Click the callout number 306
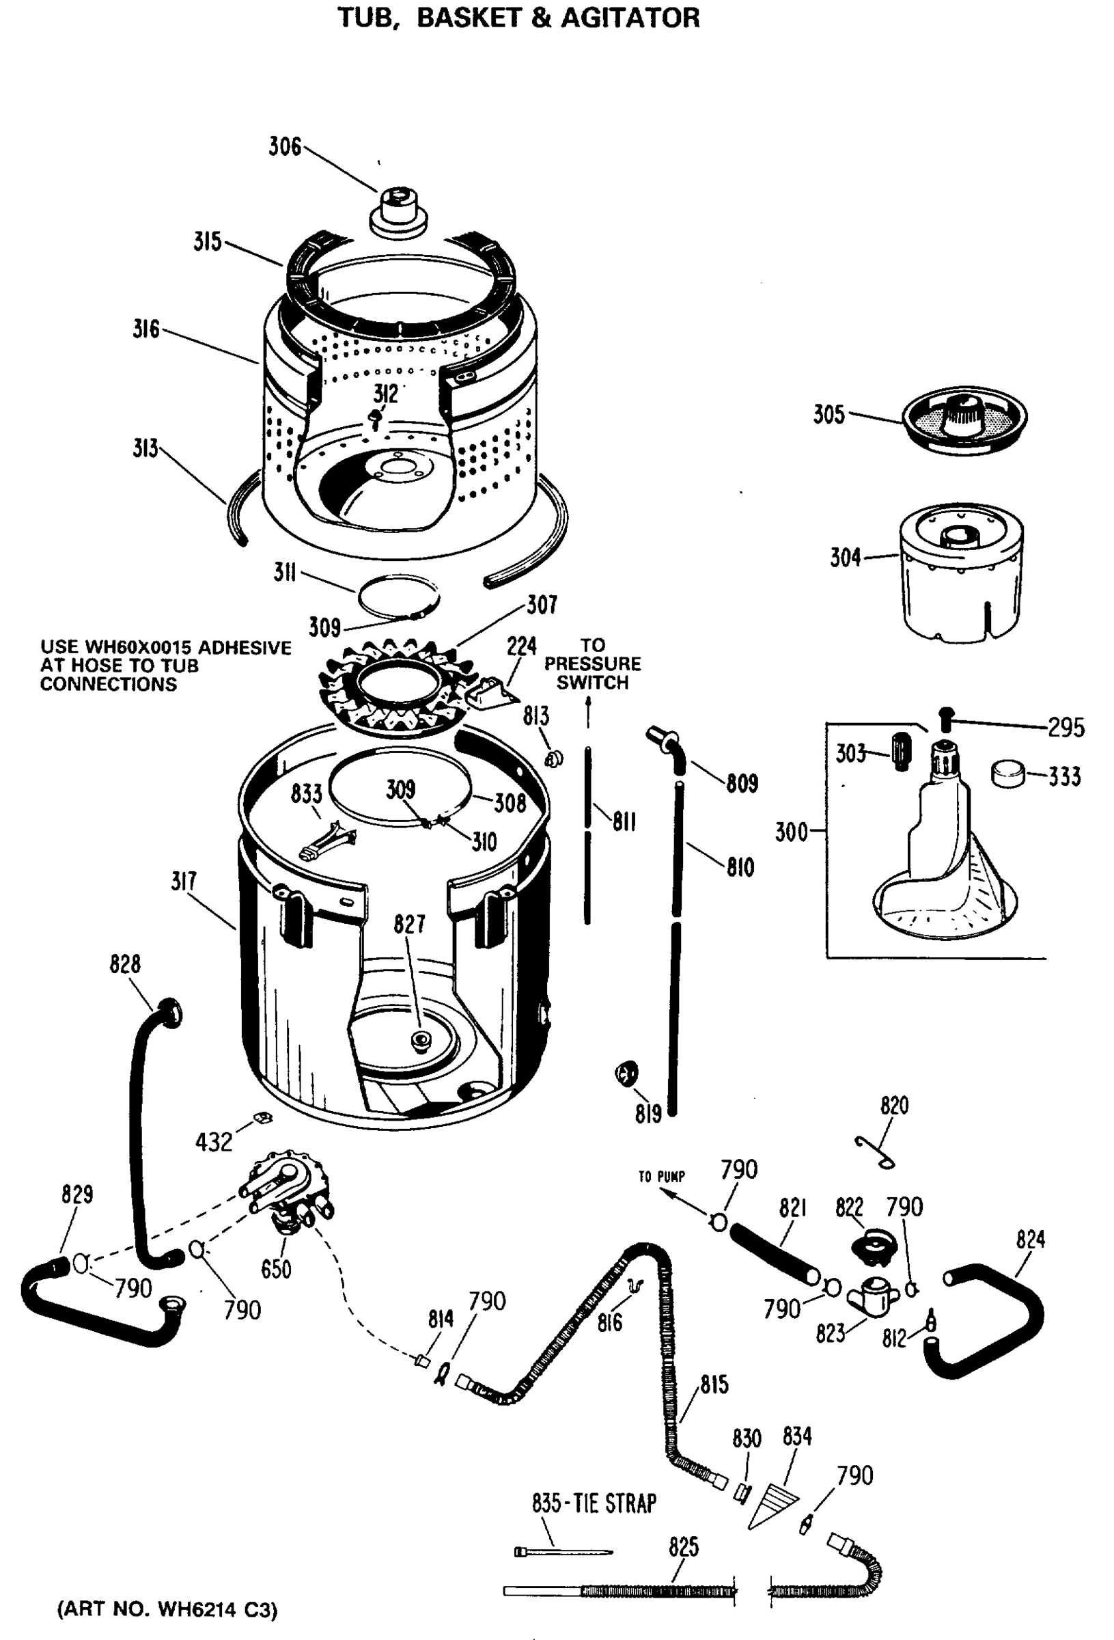[x=284, y=147]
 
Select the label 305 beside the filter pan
[x=828, y=414]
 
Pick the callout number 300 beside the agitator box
[x=791, y=832]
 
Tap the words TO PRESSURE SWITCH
[x=592, y=664]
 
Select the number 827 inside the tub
[x=409, y=924]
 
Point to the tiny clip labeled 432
[x=263, y=1117]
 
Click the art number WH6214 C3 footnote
[x=168, y=1609]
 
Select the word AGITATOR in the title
[x=629, y=18]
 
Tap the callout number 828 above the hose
[x=125, y=964]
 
